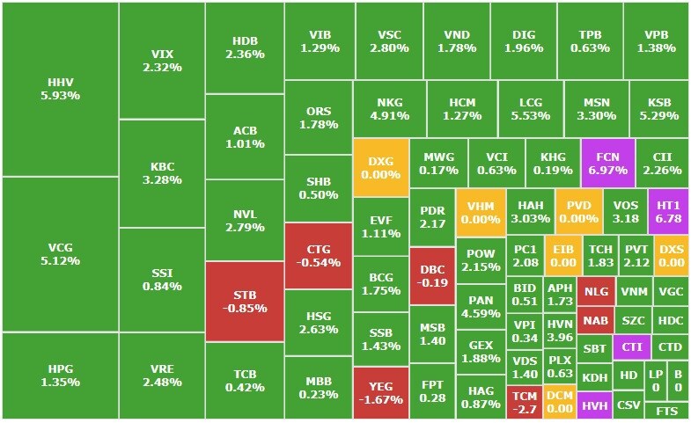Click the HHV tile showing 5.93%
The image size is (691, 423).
click(x=60, y=89)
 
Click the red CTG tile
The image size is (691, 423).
click(x=319, y=255)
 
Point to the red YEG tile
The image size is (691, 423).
click(x=380, y=392)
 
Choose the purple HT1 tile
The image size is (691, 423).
click(x=669, y=211)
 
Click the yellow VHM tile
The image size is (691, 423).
click(x=481, y=211)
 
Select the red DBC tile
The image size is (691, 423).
click(x=432, y=276)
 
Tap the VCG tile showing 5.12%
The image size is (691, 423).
click(x=60, y=254)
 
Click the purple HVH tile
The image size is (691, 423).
click(x=595, y=405)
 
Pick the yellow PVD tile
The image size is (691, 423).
click(x=577, y=211)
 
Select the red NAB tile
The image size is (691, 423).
click(x=595, y=321)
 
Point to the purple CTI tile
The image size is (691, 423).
click(x=632, y=347)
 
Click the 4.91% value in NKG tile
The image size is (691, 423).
click(x=389, y=115)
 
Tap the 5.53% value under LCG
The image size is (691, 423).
click(x=531, y=115)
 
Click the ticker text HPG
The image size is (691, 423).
click(x=60, y=368)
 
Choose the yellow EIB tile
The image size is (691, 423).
click(x=562, y=255)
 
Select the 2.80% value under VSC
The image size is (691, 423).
click(x=389, y=47)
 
